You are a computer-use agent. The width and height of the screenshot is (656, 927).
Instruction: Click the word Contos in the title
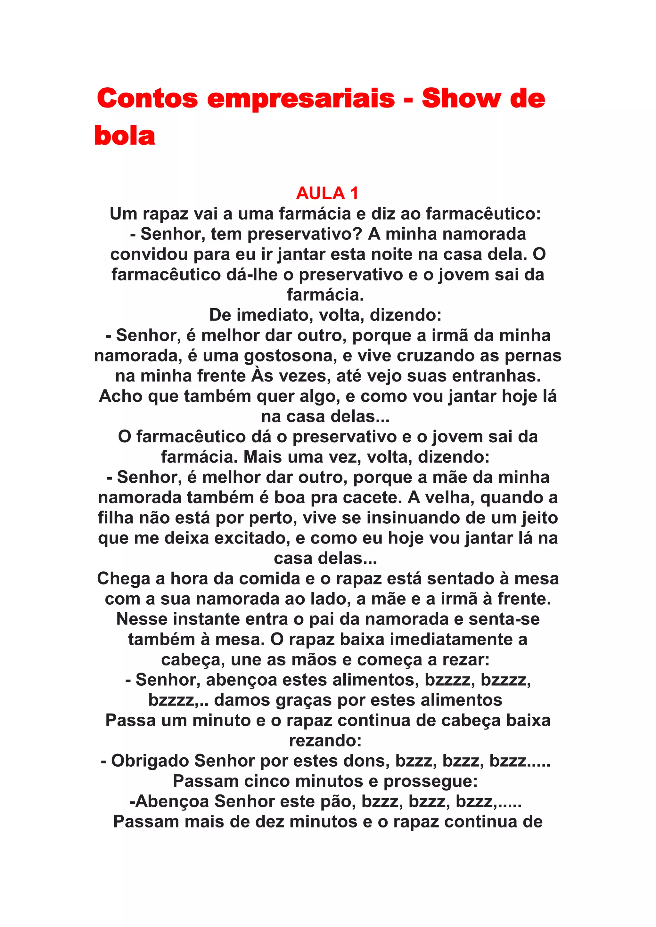[147, 98]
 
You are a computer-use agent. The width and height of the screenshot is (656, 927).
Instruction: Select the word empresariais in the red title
[301, 98]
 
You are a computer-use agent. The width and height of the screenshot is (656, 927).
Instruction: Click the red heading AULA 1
[327, 193]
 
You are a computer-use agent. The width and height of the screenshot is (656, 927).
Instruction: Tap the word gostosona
[291, 356]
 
